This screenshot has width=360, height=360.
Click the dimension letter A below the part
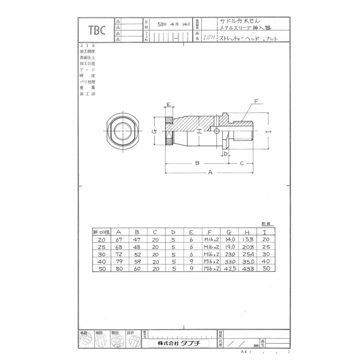pyautogui.click(x=209, y=172)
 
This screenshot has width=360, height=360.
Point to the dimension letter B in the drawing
pyautogui.click(x=197, y=163)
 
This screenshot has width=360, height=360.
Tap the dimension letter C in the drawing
pyautogui.click(x=242, y=163)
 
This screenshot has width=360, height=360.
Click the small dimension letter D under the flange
pyautogui.click(x=225, y=153)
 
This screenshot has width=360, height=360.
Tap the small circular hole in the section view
pyautogui.click(x=216, y=131)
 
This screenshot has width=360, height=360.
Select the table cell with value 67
pyautogui.click(x=118, y=239)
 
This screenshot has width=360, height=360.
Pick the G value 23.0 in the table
pyautogui.click(x=230, y=254)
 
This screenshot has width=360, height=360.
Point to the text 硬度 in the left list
pyautogui.click(x=87, y=75)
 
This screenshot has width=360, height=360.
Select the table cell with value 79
pyautogui.click(x=118, y=262)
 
